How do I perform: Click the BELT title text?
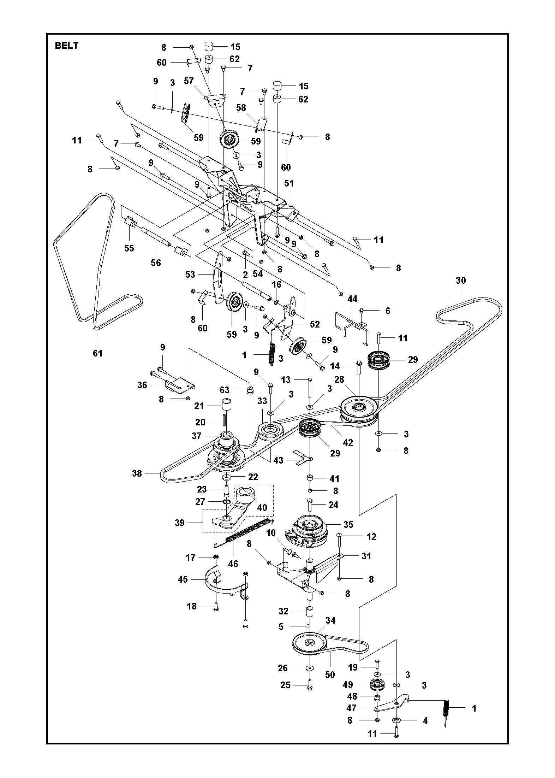[66, 46]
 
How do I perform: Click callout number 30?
[461, 281]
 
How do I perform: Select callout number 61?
[97, 353]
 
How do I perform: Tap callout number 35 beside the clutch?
[348, 524]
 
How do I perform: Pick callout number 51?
[289, 183]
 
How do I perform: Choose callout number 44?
[352, 299]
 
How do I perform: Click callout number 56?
[156, 263]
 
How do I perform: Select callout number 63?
[225, 390]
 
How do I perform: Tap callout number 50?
[330, 674]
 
